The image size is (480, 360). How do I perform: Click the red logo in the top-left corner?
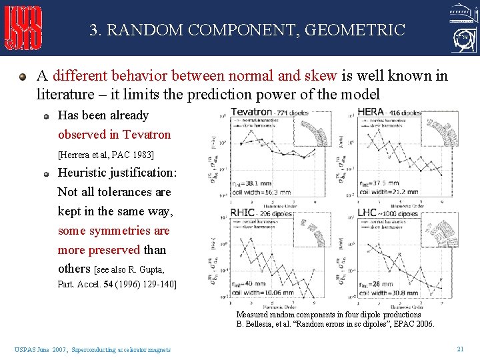coord(24,28)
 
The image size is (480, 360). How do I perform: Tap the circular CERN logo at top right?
coord(460,41)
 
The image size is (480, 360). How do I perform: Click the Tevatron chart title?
coord(252,113)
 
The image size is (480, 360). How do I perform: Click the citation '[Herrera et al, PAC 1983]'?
coord(106,155)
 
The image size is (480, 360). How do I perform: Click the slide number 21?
coord(460,349)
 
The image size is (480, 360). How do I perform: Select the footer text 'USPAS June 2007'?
coord(40,349)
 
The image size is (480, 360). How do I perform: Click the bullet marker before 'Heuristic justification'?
coord(47,173)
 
